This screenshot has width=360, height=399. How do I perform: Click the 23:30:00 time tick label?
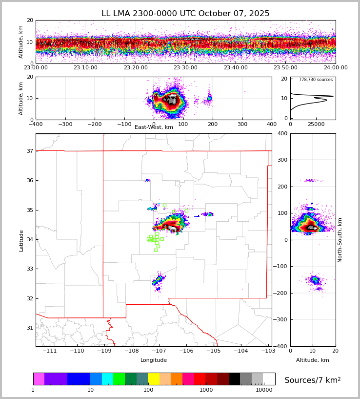point(185,68)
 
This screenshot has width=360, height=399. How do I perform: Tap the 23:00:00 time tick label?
point(36,68)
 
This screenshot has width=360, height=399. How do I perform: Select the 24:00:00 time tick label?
point(335,68)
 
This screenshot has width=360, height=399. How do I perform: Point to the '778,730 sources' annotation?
point(316,80)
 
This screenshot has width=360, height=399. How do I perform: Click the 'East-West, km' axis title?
point(154,127)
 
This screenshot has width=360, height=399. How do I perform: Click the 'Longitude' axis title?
point(154,360)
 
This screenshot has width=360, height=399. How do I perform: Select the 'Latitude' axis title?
point(21,240)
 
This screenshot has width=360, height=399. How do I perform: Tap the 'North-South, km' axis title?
point(340,240)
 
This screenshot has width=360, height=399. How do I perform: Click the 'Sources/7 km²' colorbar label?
point(313,380)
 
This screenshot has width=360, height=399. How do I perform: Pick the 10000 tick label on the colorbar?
point(264,390)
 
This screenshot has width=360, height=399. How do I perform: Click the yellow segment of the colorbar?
point(154,379)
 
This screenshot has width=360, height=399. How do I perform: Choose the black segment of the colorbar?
point(234,379)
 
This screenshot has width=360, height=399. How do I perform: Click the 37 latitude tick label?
point(29,151)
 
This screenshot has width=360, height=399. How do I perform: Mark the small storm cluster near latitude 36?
point(147,181)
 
